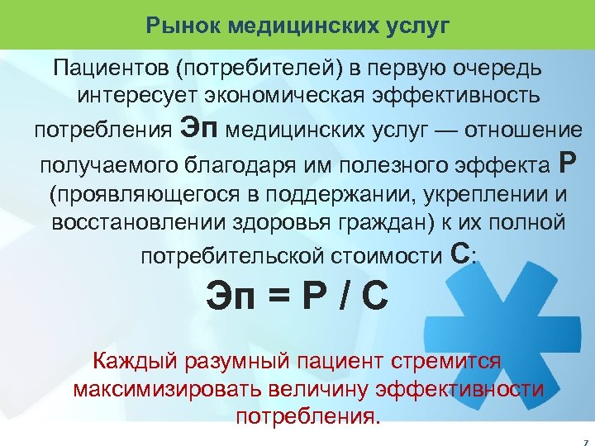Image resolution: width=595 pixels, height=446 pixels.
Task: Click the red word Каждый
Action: point(132,361)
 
